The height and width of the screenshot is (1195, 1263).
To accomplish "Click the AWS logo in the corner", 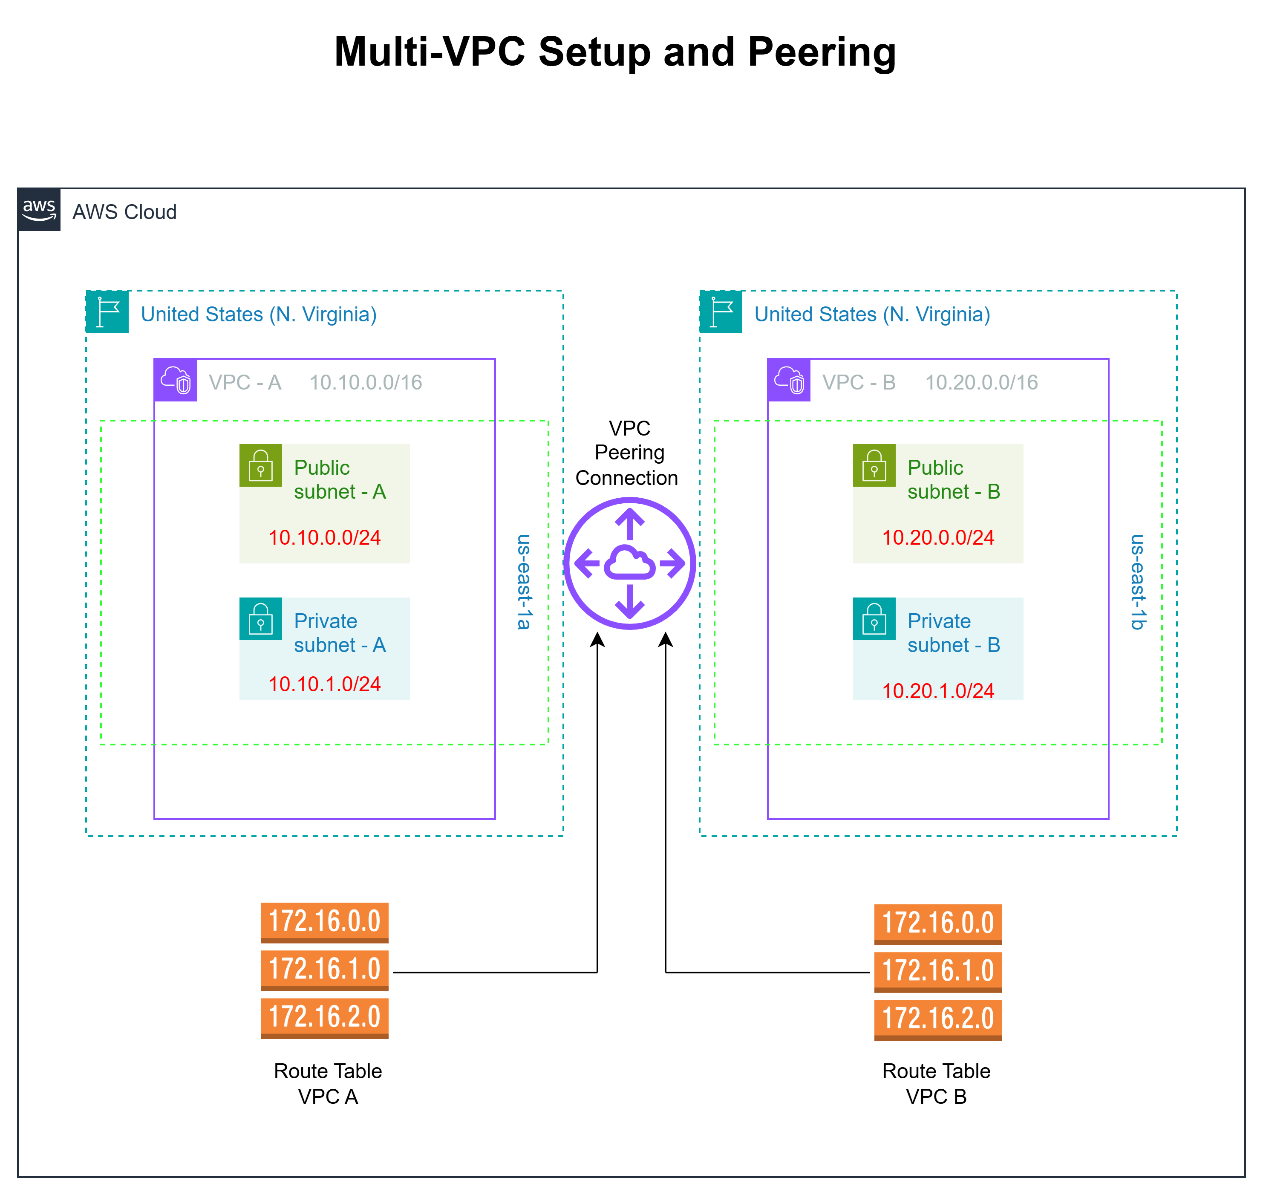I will coord(39,210).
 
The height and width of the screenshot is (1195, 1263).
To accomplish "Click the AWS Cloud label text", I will coord(124,212).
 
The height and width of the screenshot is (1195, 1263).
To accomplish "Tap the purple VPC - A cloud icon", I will coord(175,380).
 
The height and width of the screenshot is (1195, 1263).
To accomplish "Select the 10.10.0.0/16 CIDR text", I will coord(366,382).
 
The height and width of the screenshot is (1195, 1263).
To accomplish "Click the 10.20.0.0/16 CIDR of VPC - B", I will coord(981,382).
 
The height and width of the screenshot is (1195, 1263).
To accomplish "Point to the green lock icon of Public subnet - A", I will coord(260,466).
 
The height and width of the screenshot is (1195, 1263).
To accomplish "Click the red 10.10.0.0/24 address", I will coord(324,538).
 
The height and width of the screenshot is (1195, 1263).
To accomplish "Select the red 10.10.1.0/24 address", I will coord(324,684).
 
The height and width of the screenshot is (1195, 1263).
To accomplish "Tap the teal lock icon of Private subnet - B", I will coord(874,618).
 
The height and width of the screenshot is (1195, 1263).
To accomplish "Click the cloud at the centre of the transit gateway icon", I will coord(629,563).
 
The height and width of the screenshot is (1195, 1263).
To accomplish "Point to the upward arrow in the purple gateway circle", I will coord(629,524).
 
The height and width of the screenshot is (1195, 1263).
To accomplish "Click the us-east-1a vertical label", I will coord(524,582).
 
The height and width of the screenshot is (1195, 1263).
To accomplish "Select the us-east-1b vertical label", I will coord(1138,582).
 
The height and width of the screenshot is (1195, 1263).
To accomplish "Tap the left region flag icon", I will coord(107,312).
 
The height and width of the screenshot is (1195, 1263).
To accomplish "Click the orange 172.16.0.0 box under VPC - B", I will coord(937,924).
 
